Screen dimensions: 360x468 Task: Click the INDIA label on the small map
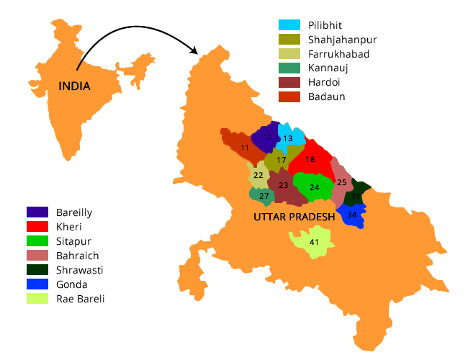(75, 86)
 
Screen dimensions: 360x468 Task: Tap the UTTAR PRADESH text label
(294, 217)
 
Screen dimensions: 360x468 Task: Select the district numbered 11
(245, 147)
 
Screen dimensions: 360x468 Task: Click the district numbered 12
(267, 137)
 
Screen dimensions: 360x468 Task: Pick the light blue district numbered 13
(288, 138)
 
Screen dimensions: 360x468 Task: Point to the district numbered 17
(282, 160)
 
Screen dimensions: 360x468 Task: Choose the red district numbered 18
(310, 159)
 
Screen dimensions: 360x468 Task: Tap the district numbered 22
(258, 175)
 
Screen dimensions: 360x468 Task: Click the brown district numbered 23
(284, 186)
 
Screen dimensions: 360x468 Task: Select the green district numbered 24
(314, 187)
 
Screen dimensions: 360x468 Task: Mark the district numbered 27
(264, 196)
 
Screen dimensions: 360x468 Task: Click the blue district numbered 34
(351, 215)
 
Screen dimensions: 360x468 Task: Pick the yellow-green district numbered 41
(313, 242)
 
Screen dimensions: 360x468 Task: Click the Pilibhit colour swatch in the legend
(289, 25)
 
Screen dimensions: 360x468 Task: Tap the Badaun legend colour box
(289, 96)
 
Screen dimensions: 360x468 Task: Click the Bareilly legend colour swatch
(37, 212)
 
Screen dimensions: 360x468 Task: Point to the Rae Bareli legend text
(80, 298)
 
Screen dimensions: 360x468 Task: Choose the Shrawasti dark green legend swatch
(37, 270)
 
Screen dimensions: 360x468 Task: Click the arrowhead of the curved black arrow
(195, 50)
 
